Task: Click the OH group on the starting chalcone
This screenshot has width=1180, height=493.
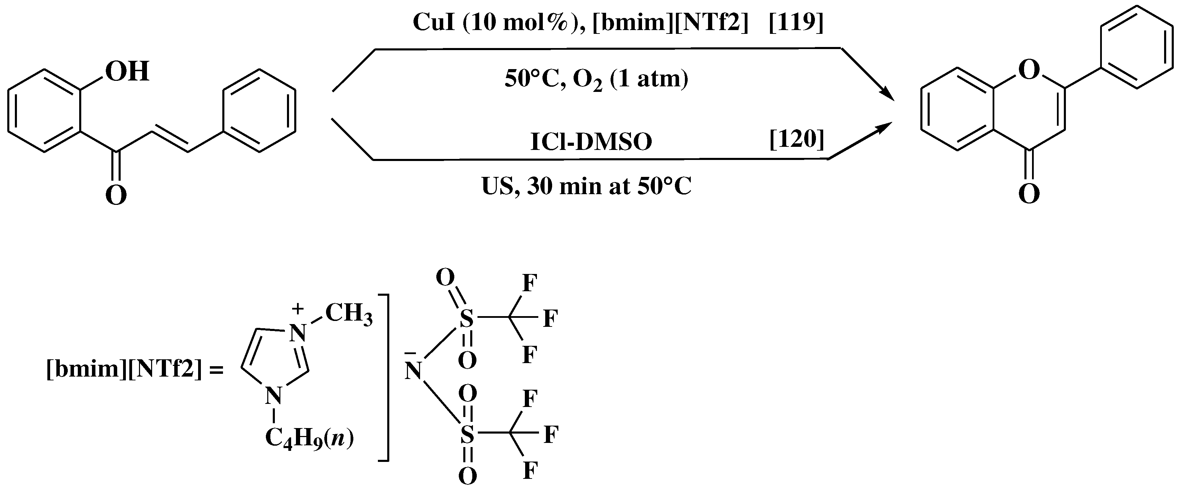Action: pos(127,72)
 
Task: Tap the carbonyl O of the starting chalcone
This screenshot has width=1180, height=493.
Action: pos(116,196)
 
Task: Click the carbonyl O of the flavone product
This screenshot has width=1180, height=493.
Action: pos(1029,194)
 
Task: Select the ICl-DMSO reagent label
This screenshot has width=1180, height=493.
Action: pos(591,142)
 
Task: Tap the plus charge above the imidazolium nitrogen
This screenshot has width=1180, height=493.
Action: pos(298,309)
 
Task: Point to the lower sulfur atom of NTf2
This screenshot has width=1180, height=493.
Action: pos(467,434)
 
